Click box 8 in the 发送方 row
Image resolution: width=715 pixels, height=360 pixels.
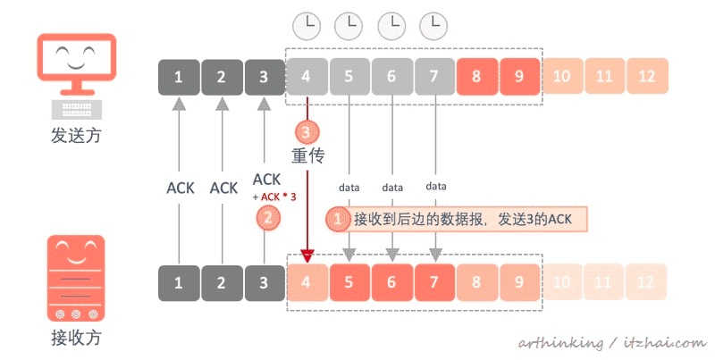[477, 77]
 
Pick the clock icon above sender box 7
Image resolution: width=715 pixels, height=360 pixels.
[434, 24]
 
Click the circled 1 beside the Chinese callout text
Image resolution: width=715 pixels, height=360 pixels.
[338, 219]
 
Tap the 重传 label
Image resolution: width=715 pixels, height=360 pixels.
[307, 155]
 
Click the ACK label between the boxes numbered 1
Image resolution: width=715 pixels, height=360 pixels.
[180, 188]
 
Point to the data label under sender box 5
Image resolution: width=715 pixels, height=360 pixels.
[349, 188]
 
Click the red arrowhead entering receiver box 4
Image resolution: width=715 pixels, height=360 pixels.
[307, 256]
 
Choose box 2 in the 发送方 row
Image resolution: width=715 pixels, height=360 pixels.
[223, 77]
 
